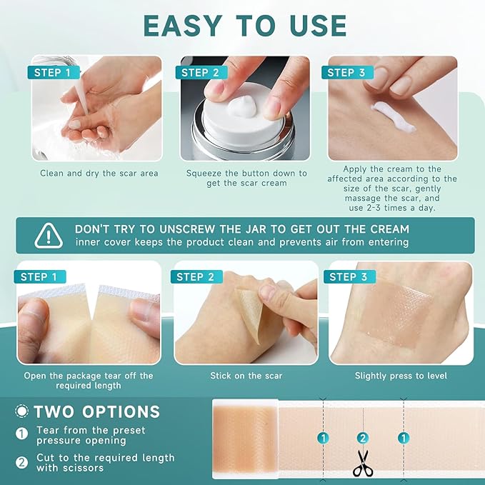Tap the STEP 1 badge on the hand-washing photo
[52, 72]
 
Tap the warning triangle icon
[48, 235]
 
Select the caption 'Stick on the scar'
[246, 376]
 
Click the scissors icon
[363, 463]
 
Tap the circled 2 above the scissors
[363, 438]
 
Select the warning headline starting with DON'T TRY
[242, 229]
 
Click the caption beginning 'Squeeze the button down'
[246, 178]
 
